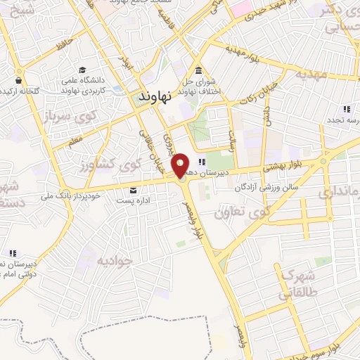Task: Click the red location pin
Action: click(x=181, y=166)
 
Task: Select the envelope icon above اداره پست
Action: click(x=134, y=190)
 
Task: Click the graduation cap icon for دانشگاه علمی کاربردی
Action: click(x=83, y=70)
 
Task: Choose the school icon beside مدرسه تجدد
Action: click(x=346, y=110)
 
